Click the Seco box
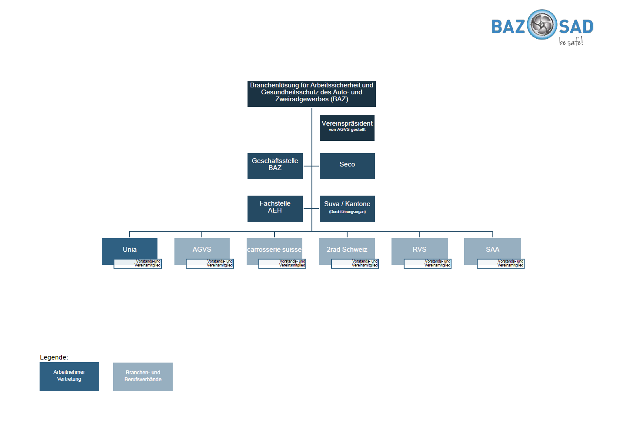click(x=347, y=166)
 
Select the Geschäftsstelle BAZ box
click(x=275, y=166)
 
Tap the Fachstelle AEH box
click(x=275, y=208)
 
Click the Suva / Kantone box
click(x=347, y=208)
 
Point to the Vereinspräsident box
click(x=347, y=127)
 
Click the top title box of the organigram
click(x=311, y=93)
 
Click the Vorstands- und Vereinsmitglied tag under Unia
click(x=138, y=263)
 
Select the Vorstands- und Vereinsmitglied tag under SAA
click(x=501, y=263)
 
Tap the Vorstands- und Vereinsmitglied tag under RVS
click(x=428, y=263)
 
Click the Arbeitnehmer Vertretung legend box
click(x=69, y=376)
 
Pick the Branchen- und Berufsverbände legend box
click(x=143, y=376)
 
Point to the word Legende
click(x=54, y=357)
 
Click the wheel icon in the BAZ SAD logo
click(x=542, y=25)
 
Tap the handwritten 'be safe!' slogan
click(x=571, y=42)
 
